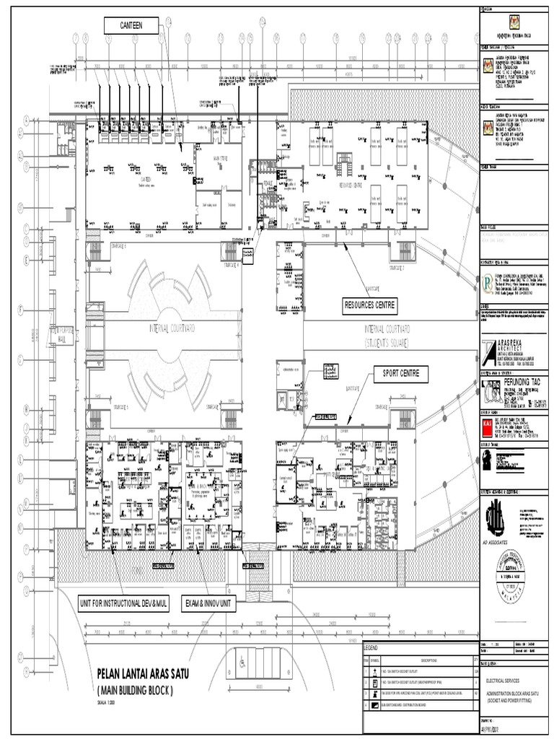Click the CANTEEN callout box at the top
point(132,25)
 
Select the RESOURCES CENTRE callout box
point(370,306)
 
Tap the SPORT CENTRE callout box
point(400,374)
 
